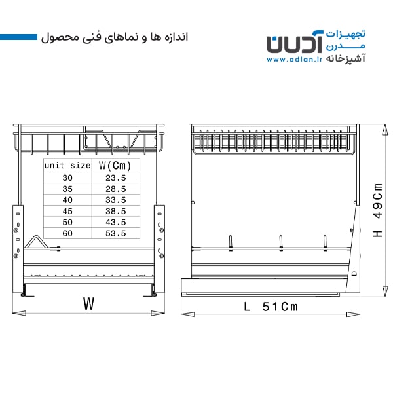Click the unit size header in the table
coord(67,166)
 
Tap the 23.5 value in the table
coord(115,178)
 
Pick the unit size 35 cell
coord(67,189)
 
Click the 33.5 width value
coord(115,200)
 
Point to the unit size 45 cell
coord(67,211)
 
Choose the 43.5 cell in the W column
coord(115,222)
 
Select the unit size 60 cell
coord(67,233)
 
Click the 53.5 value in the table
coord(115,233)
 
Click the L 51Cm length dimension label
coord(271,307)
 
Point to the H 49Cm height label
coord(378,210)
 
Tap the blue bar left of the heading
coord(18,37)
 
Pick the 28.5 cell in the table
coord(115,189)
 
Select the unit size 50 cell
coord(67,222)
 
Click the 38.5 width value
coord(115,211)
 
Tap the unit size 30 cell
coord(67,178)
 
